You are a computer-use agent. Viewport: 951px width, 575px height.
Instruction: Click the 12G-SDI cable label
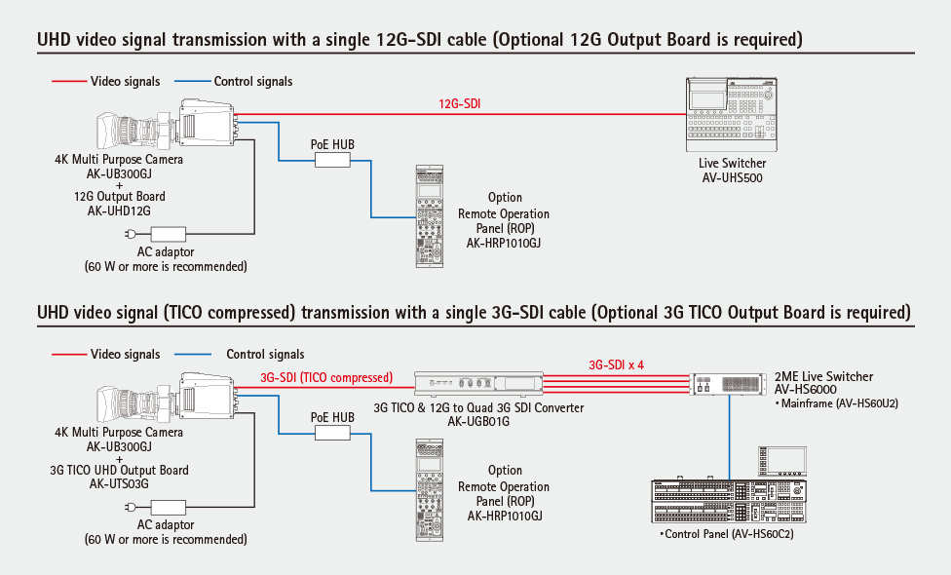(x=459, y=103)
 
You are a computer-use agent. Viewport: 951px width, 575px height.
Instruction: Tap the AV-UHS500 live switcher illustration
(x=732, y=115)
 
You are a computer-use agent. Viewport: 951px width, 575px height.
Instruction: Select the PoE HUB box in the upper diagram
(x=332, y=160)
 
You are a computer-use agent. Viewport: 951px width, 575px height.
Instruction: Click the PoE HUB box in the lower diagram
(x=332, y=433)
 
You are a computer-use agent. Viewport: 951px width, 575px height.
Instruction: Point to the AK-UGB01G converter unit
(x=478, y=383)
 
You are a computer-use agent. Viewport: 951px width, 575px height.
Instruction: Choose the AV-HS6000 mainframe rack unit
(x=729, y=385)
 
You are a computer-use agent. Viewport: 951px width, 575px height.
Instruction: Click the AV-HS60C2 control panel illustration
(x=729, y=501)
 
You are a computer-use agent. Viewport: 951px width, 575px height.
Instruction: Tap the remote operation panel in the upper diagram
(x=430, y=216)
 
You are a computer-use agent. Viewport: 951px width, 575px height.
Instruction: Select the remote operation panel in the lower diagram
(x=430, y=489)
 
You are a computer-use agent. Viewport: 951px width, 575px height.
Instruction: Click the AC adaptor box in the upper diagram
(x=168, y=234)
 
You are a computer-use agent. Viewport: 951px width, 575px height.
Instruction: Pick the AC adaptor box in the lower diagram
(x=168, y=507)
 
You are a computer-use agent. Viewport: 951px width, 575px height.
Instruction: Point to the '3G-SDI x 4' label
(x=616, y=365)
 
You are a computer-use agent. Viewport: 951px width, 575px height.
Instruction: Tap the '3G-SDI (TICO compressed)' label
(x=326, y=378)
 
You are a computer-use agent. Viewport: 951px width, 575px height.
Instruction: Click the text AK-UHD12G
(x=119, y=211)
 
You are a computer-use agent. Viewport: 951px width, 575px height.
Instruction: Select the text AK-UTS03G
(x=119, y=484)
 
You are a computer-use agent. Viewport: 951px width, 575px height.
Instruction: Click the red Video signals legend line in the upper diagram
(x=69, y=81)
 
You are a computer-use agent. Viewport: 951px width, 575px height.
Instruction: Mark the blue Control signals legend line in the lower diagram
(x=192, y=354)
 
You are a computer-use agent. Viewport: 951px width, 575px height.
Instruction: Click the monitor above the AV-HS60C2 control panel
(x=782, y=462)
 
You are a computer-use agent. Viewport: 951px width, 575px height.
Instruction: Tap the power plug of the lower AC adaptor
(x=130, y=507)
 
